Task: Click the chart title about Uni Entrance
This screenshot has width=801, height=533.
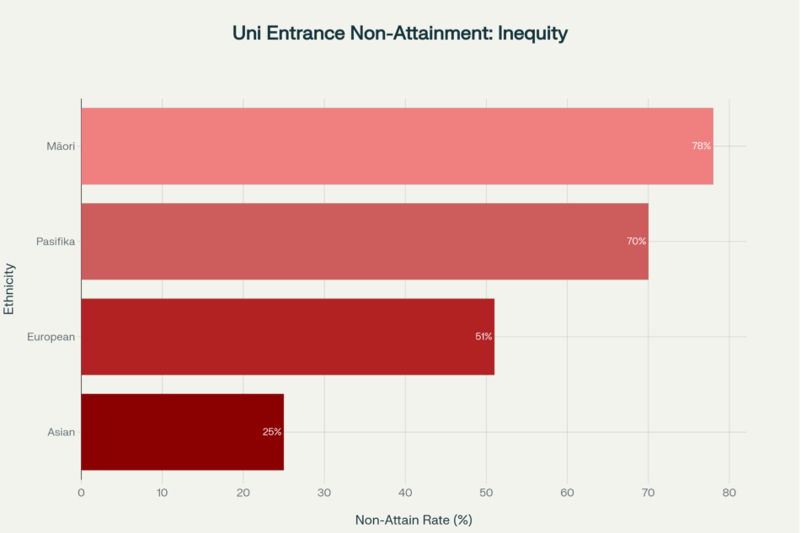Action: pos(400,34)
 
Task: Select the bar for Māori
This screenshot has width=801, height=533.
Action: pos(397,146)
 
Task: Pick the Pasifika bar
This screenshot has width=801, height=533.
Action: pos(365,241)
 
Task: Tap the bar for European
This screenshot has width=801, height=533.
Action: pos(287,336)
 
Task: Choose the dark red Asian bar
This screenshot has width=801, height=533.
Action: pos(182,431)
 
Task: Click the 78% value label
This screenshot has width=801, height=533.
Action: pos(701,146)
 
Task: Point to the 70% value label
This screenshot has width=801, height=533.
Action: pos(636,241)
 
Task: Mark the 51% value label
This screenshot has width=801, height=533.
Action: pos(483,336)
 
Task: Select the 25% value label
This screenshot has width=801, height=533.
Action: pos(272,432)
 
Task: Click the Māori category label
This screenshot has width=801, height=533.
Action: pos(61,147)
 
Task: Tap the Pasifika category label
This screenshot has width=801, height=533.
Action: pos(56,242)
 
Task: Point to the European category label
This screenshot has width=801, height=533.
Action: pos(51,337)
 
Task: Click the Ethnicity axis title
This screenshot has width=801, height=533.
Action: pos(9,289)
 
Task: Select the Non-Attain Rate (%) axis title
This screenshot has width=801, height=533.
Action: pos(414,520)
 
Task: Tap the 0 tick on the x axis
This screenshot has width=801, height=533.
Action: pos(81,493)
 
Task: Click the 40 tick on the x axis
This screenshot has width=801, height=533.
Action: pos(405,493)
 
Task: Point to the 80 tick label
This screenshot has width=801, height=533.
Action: pos(729,493)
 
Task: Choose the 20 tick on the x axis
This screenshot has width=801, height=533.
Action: pos(243,493)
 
